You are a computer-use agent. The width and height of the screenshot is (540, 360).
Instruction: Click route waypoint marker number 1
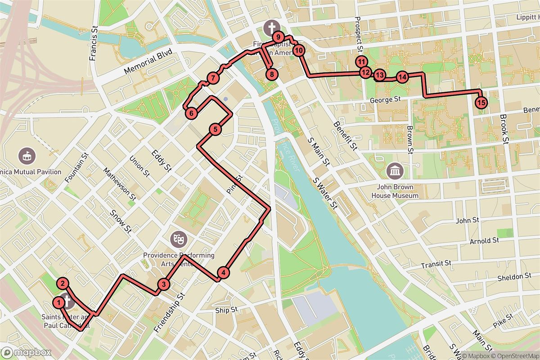(x=58, y=301)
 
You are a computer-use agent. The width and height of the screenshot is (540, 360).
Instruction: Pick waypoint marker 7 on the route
(x=213, y=78)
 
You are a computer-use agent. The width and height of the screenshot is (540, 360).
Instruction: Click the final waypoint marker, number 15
(x=481, y=103)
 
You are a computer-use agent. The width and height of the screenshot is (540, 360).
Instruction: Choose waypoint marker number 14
(x=402, y=77)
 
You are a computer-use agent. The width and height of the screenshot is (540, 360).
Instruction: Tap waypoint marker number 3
(x=164, y=284)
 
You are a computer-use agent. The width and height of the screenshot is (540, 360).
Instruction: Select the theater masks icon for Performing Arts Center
(x=179, y=238)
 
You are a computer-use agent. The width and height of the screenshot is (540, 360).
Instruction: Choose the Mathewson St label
(x=120, y=184)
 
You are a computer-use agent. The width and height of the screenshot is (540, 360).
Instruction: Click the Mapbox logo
(x=26, y=352)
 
